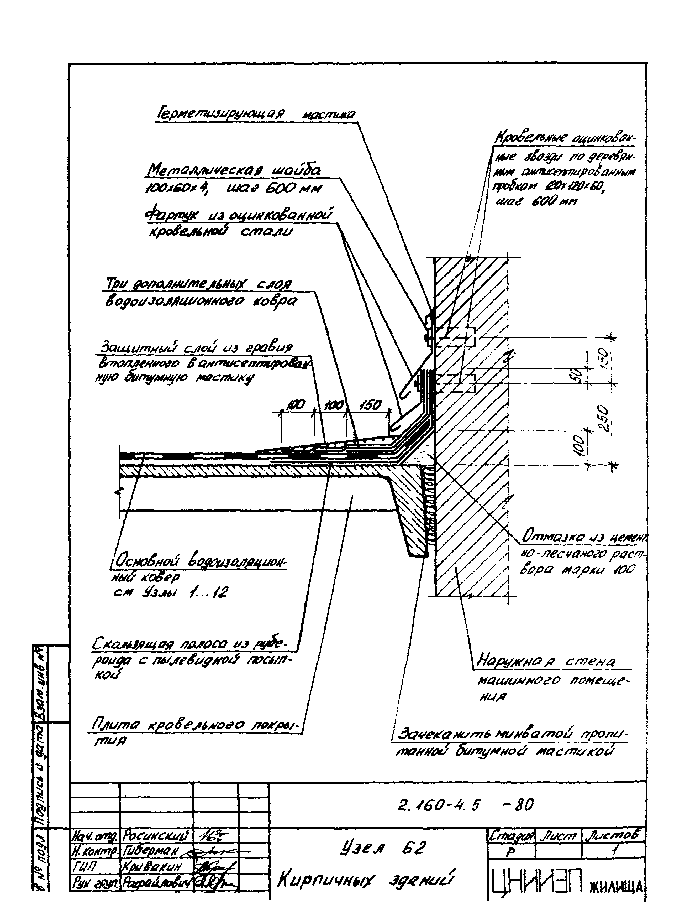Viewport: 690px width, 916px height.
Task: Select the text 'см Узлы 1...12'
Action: coord(170,594)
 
